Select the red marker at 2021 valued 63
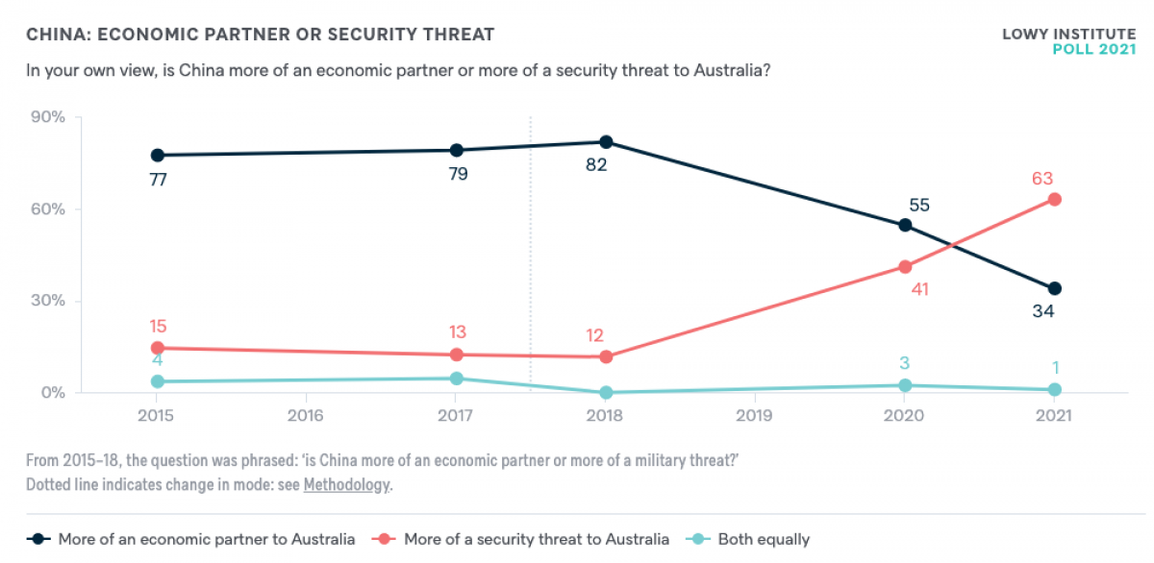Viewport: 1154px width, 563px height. point(1054,199)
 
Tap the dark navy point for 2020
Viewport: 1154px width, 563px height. point(905,225)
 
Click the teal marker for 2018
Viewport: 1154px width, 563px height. point(606,392)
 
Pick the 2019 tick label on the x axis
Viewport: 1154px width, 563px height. point(755,417)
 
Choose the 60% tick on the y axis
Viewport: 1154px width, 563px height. point(47,209)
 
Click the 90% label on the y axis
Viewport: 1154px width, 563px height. point(47,117)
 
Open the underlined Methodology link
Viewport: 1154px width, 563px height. point(346,484)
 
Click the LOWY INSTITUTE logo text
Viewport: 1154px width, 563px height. point(1068,34)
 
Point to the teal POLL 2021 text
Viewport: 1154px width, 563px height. point(1094,49)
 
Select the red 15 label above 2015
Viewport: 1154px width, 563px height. point(157,327)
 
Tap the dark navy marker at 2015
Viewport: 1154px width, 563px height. point(157,155)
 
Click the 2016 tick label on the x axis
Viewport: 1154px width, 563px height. point(306,417)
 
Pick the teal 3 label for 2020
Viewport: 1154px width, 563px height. point(905,363)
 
